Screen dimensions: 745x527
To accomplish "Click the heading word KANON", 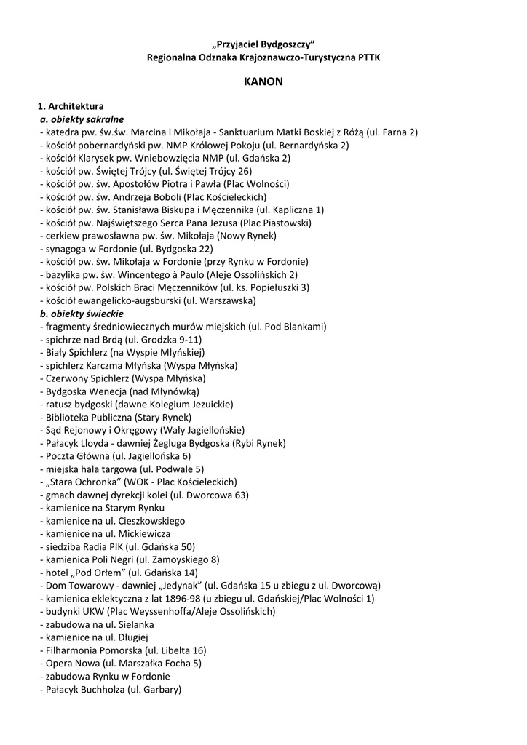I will point(263,81).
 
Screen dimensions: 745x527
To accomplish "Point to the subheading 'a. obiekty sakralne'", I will point(82,119).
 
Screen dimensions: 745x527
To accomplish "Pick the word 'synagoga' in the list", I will point(63,248).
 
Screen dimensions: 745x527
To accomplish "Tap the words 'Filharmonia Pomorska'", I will point(93,650).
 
